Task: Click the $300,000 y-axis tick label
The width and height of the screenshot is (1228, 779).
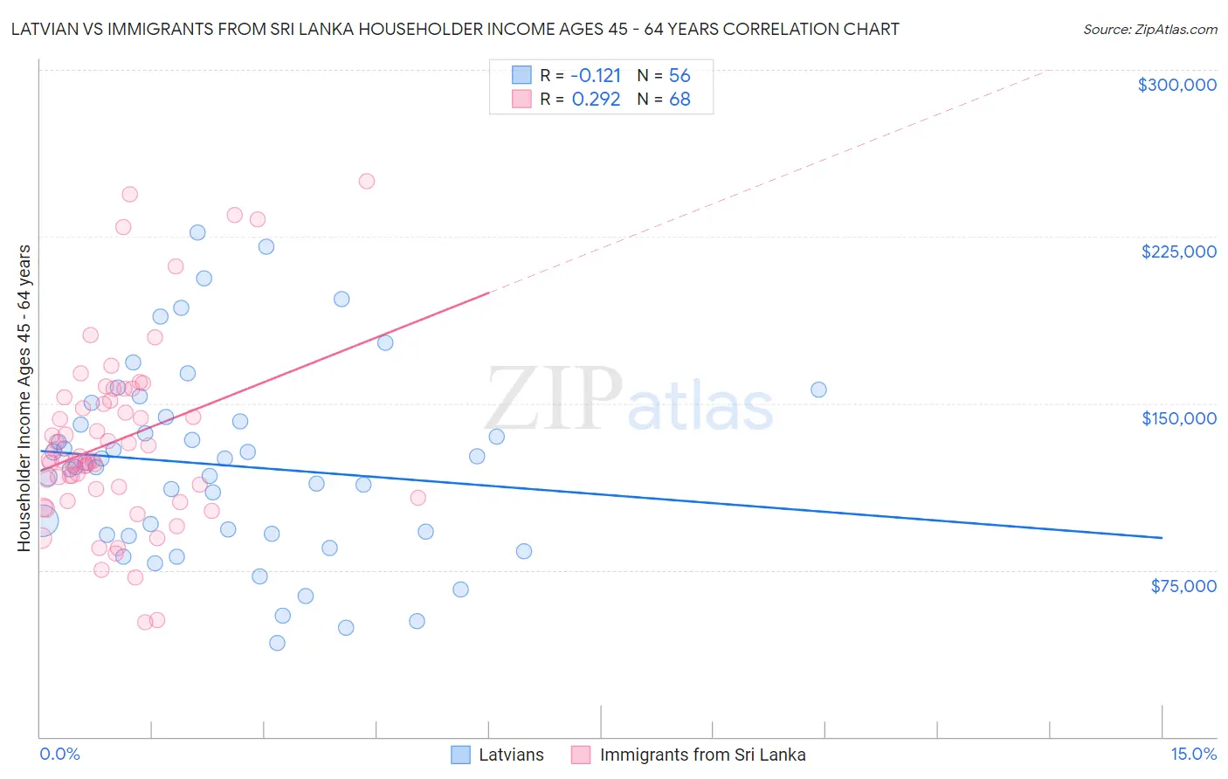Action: (1176, 85)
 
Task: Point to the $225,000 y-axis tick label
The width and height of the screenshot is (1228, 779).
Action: (1178, 252)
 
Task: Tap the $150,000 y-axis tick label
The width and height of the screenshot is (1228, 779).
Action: (1178, 418)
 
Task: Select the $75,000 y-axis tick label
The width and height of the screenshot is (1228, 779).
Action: (1183, 586)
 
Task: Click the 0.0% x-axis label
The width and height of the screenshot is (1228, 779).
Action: (59, 755)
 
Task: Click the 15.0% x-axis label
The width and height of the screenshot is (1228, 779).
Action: (1193, 755)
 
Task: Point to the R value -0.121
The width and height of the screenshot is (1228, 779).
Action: (596, 75)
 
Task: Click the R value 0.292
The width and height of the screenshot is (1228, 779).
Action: (596, 100)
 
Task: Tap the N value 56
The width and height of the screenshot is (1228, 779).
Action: (680, 75)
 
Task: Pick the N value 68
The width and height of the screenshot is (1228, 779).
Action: (680, 100)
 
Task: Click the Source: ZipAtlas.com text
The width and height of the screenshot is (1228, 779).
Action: (1149, 30)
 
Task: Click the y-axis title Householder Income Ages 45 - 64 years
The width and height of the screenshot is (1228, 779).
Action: (24, 397)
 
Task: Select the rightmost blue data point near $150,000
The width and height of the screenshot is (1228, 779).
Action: (818, 389)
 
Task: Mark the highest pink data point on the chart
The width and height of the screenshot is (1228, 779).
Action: (367, 182)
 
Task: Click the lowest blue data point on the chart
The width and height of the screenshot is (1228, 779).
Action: (277, 643)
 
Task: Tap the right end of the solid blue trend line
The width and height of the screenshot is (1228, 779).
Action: (1162, 538)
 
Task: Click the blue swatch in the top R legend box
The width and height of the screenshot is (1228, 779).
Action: (521, 75)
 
